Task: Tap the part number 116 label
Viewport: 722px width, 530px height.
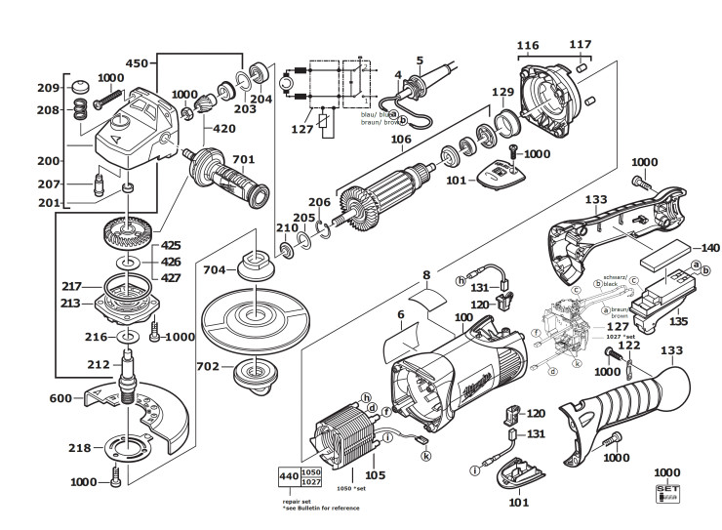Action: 527,45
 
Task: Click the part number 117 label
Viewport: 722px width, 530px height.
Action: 581,45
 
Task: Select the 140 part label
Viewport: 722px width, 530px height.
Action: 682,247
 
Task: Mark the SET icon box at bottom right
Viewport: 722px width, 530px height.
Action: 667,492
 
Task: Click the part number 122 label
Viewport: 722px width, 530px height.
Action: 630,347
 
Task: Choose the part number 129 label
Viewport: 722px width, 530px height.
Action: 501,92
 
